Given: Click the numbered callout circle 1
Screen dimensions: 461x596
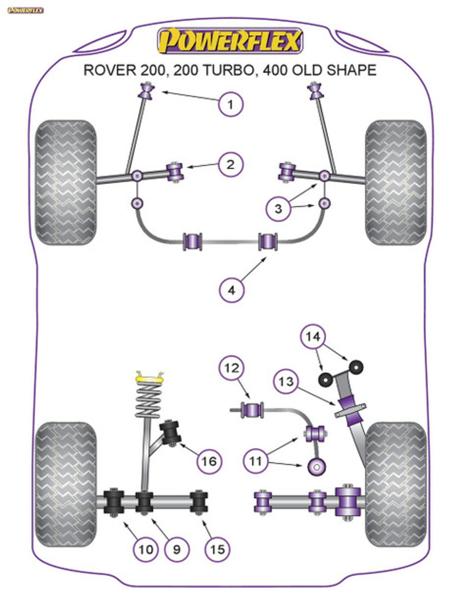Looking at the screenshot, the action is point(230,104).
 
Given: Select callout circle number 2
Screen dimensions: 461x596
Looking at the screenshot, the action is point(230,165).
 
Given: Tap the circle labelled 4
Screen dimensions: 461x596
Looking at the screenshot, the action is point(231,290).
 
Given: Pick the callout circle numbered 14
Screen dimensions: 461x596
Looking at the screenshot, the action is point(313,336).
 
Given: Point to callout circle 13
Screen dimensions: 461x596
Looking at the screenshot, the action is point(286,381).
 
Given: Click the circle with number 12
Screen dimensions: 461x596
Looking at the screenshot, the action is point(232,368).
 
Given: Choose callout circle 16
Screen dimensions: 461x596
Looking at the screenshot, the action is point(209,461).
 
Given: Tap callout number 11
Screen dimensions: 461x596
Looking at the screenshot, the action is point(255,461).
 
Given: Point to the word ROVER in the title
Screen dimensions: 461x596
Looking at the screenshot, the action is point(110,70).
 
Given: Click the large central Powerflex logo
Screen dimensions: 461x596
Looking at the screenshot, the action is point(230,41).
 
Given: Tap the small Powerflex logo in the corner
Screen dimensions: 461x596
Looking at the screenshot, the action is point(25,10).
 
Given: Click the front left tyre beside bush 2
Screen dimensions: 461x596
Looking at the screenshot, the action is point(66,182).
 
